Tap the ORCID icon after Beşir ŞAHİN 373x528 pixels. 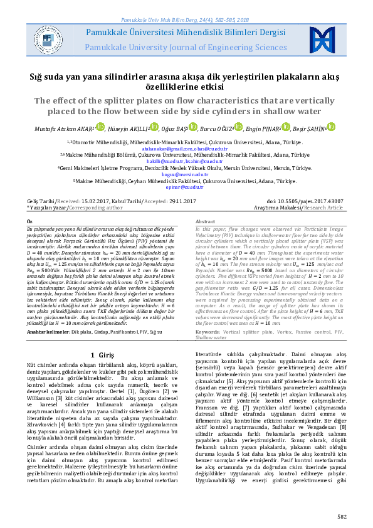(332, 128)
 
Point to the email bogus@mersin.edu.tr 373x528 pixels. (186, 175)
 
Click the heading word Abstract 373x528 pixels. (206, 223)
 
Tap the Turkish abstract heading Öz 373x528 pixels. (29, 223)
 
